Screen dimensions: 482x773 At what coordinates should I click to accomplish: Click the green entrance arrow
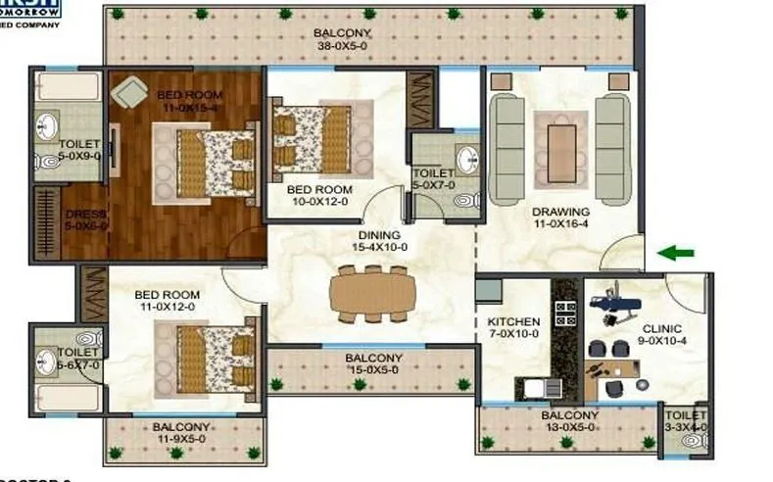(x=675, y=254)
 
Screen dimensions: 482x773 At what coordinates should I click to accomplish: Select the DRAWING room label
(x=560, y=212)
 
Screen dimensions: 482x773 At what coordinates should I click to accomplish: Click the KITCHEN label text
(x=513, y=321)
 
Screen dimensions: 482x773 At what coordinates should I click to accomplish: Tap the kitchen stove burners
(x=565, y=313)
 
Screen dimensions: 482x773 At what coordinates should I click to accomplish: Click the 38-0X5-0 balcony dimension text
(x=343, y=45)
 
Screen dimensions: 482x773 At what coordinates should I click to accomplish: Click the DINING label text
(x=378, y=235)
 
